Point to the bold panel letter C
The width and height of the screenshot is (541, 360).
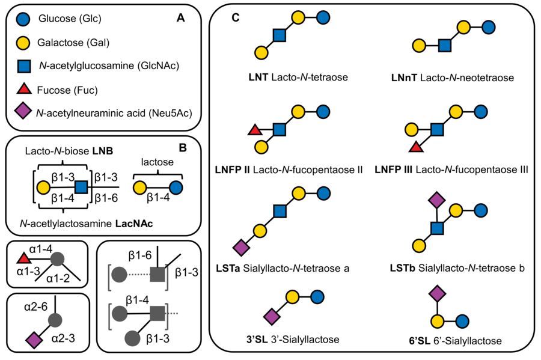236,19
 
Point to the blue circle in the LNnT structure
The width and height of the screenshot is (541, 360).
489,28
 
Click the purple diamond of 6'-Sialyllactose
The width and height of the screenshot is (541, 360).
437,293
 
